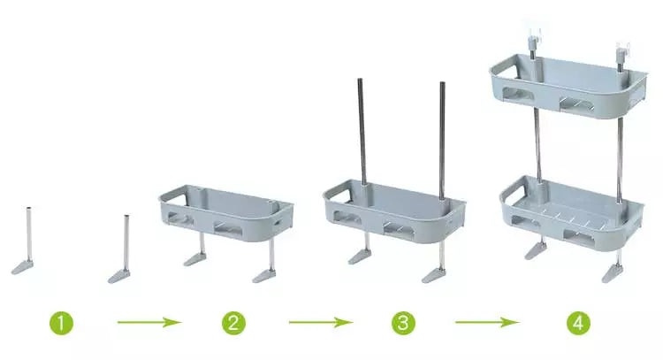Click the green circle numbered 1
click(61, 323)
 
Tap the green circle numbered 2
click(233, 323)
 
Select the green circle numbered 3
click(403, 323)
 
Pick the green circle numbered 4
click(578, 323)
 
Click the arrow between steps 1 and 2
click(149, 322)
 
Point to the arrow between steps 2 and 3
click(321, 322)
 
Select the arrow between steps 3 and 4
click(487, 322)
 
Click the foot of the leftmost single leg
click(22, 267)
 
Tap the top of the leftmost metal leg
click(29, 209)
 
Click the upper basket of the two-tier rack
click(568, 86)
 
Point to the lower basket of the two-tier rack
click(572, 214)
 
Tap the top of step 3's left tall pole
click(360, 80)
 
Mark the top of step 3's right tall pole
click(442, 84)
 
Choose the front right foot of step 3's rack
click(434, 275)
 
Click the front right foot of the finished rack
click(613, 273)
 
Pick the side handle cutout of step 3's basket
click(338, 194)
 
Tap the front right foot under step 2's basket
click(264, 277)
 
